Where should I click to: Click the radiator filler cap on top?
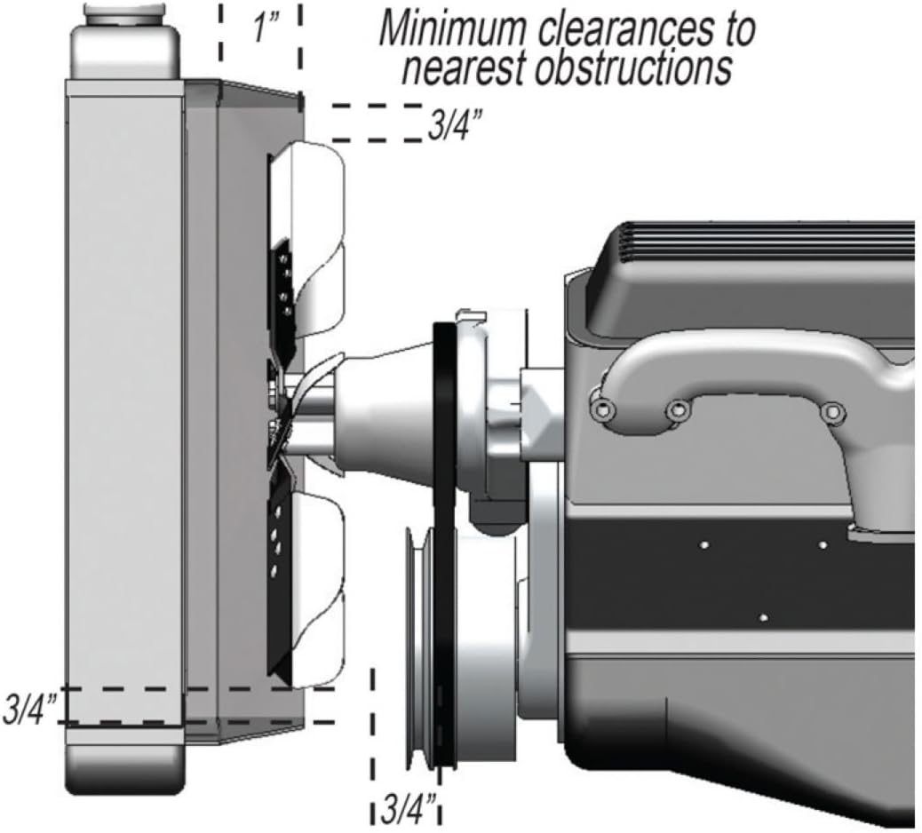(124, 13)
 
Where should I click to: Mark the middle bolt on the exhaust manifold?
(679, 410)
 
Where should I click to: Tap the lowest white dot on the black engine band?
(763, 616)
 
